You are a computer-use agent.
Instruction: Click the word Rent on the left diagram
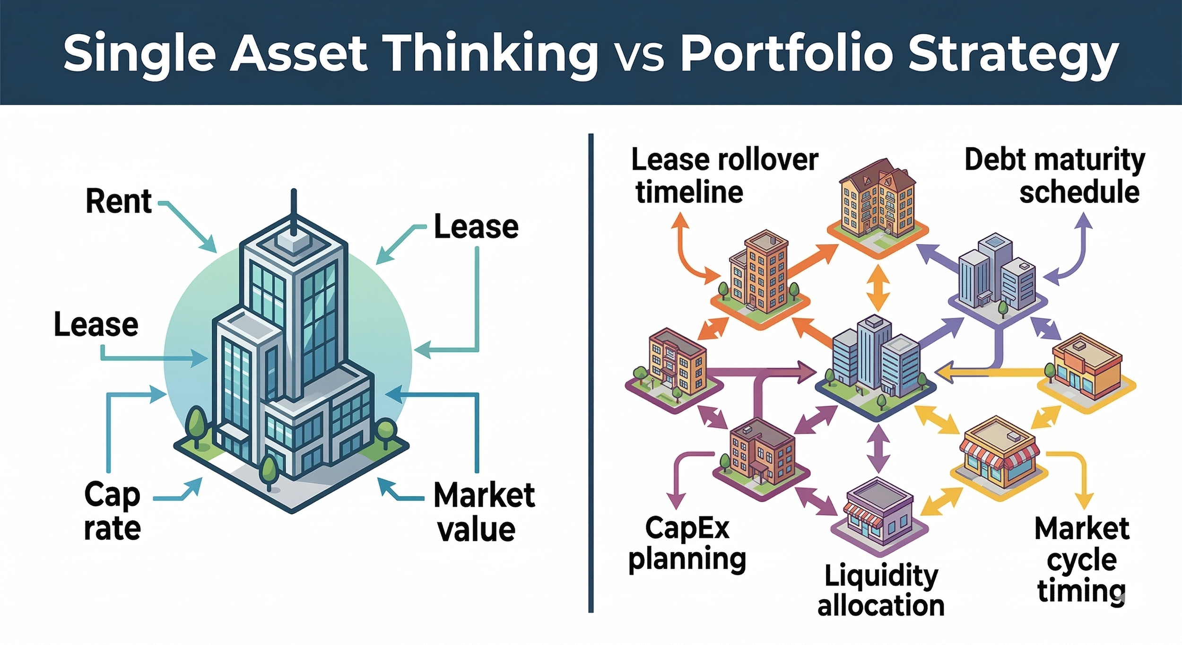pos(118,201)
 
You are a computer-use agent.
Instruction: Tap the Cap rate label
pos(113,511)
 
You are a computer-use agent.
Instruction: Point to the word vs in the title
pos(640,56)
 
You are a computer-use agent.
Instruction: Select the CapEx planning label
pos(687,544)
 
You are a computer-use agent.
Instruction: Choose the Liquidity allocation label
pos(881,591)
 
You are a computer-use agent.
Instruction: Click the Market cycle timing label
pos(1081,559)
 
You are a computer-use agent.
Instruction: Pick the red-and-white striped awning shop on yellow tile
pos(999,454)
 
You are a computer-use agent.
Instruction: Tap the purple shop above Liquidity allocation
pos(878,513)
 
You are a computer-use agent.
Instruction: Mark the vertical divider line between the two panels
pos(591,374)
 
